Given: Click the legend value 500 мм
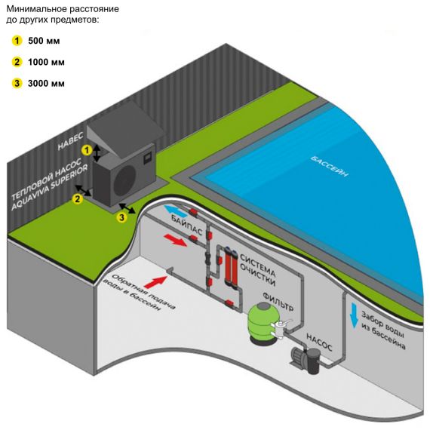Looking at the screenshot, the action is click(x=44, y=41).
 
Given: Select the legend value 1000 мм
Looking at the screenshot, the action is click(x=46, y=63).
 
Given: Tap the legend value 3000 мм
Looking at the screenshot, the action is click(x=46, y=83).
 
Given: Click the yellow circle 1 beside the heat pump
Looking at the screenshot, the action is click(x=88, y=150).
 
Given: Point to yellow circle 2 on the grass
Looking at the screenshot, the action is click(x=78, y=198).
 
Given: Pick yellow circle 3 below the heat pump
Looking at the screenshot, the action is click(x=121, y=217).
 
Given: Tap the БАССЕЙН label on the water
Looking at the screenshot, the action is click(x=330, y=167).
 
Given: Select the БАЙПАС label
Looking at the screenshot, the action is click(x=187, y=226).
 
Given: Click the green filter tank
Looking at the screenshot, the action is click(x=263, y=323).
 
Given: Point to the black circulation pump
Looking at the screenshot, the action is click(x=306, y=360).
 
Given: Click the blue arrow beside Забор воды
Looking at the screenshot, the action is click(x=354, y=315).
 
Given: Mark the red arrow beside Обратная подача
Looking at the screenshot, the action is click(x=155, y=282).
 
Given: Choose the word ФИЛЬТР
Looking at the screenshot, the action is click(x=278, y=302).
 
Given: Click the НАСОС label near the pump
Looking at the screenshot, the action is click(x=319, y=342).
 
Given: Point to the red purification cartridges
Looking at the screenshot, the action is click(x=231, y=266).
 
